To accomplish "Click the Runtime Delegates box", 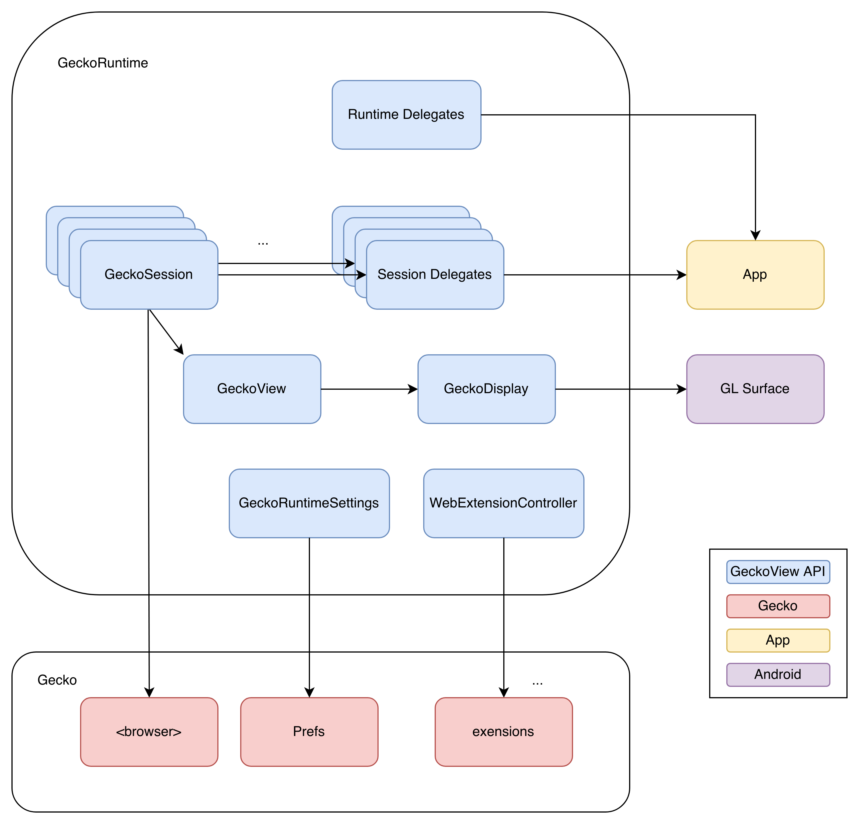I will tap(406, 115).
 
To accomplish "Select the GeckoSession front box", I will tap(149, 275).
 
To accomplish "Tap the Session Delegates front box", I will tap(435, 275).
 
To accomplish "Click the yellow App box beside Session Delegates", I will tap(755, 275).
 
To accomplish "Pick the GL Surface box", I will tap(755, 389).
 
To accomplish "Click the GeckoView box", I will tap(252, 389).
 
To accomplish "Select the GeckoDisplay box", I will tap(486, 389).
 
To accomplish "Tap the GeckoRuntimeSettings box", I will tap(309, 503).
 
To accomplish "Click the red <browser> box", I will tap(149, 732).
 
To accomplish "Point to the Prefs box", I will tap(309, 732).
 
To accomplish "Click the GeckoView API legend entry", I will tap(778, 572).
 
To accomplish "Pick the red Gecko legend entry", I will tap(778, 606).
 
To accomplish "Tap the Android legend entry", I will tap(778, 674).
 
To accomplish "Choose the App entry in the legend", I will tap(778, 640).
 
